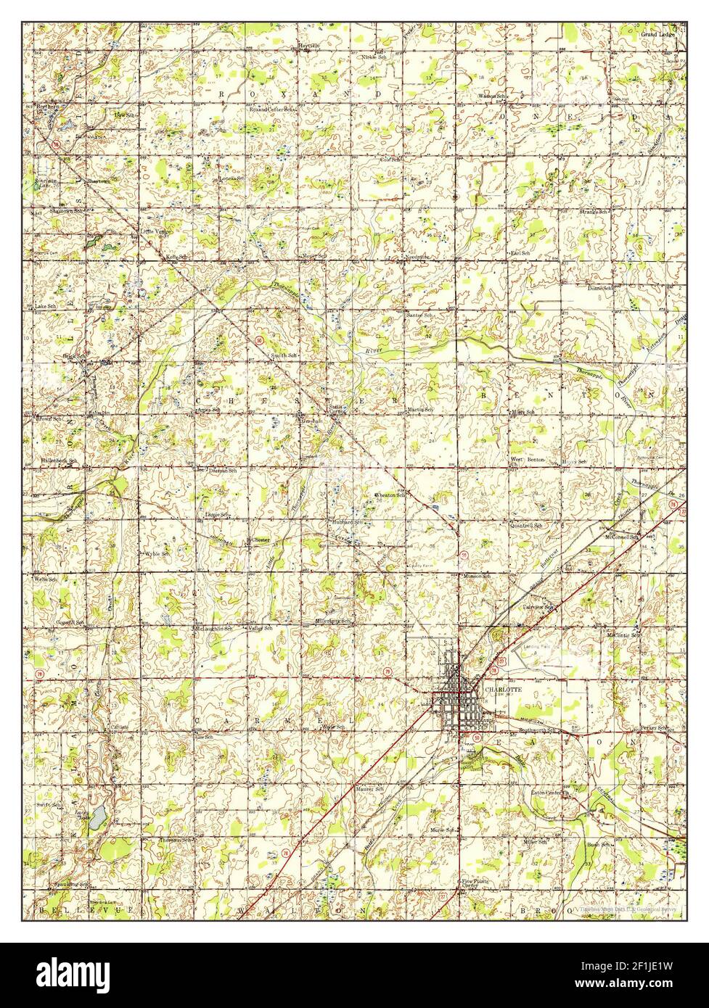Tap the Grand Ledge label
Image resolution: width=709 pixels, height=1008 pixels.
(x=657, y=34)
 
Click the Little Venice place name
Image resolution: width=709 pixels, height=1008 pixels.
(x=155, y=233)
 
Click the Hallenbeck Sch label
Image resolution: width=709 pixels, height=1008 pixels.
(x=59, y=460)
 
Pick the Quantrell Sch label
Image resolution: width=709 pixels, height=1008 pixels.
(x=525, y=525)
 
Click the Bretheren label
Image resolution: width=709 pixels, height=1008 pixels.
(x=48, y=107)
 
